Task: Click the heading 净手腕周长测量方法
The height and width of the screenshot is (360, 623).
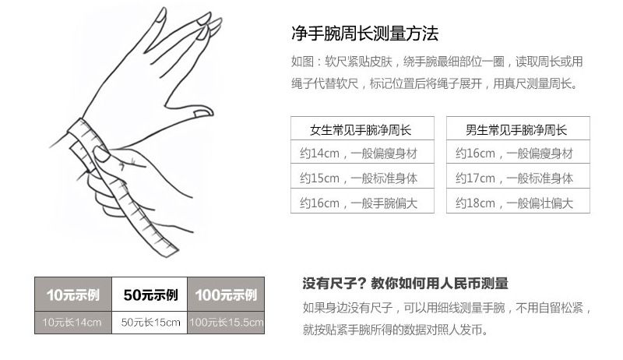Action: pos(364,34)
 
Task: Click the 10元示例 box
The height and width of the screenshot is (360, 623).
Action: pos(73,295)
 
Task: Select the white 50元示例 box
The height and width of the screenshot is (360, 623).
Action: pos(150,295)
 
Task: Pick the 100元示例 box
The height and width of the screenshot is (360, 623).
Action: pos(226,295)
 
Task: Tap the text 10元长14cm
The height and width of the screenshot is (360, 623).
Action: pos(72,323)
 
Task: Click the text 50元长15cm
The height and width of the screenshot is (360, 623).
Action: pos(150,323)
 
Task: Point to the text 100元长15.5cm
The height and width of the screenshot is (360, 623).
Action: pos(226,323)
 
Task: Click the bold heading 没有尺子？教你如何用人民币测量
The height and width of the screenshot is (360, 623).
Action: pos(405,284)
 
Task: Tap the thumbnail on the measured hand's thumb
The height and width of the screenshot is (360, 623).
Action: pos(203,113)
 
